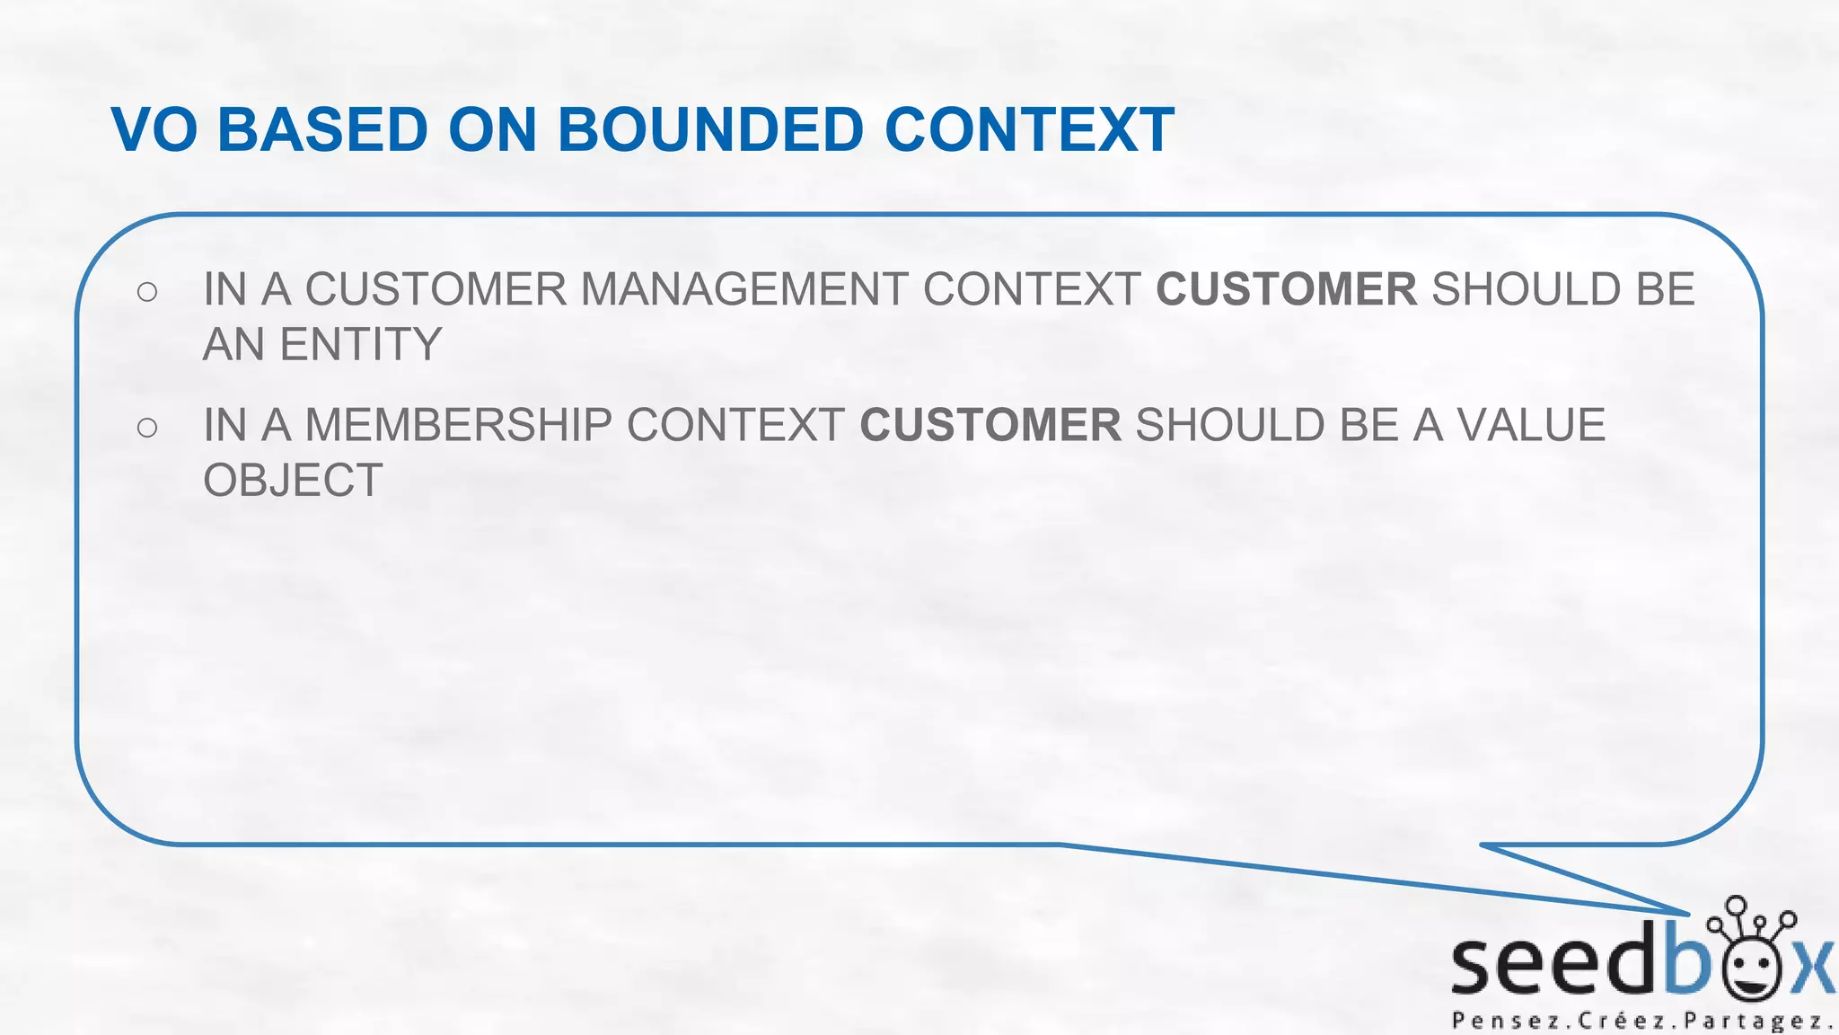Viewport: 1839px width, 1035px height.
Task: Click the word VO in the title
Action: (x=154, y=130)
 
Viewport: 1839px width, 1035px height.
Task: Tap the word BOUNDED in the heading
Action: (x=710, y=130)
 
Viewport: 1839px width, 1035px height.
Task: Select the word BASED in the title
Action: (x=322, y=130)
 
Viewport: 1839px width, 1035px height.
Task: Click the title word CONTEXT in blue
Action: (x=1029, y=130)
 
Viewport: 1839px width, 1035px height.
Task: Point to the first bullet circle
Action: (x=147, y=291)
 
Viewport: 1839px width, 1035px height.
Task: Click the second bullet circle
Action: (x=147, y=427)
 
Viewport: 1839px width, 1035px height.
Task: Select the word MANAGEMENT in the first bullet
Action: (x=744, y=290)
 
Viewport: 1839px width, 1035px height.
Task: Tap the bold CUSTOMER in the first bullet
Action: (x=1286, y=290)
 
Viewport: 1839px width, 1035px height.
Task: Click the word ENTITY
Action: (x=361, y=345)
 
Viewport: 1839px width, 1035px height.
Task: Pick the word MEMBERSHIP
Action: (x=458, y=426)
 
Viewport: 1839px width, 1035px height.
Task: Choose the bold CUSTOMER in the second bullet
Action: (x=990, y=426)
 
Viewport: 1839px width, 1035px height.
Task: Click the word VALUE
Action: (x=1530, y=426)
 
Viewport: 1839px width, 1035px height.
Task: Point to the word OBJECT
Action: (x=293, y=481)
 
